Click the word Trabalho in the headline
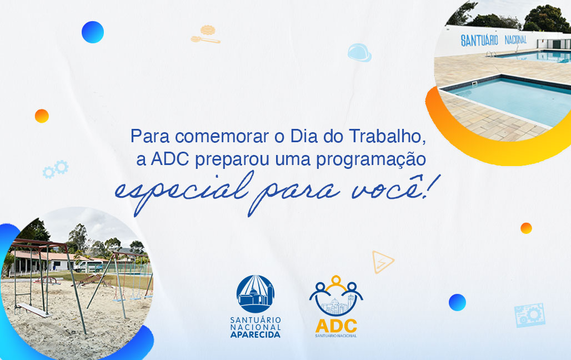[x=387, y=137]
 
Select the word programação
[x=370, y=160]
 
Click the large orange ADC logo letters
[x=336, y=326]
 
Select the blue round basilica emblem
[x=256, y=294]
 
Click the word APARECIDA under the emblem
[x=256, y=334]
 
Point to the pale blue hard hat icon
[x=359, y=52]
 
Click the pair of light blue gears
[x=56, y=169]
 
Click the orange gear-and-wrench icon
[x=206, y=34]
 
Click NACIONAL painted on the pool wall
[x=515, y=39]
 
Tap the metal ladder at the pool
[x=491, y=54]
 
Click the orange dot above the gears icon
[x=42, y=116]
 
